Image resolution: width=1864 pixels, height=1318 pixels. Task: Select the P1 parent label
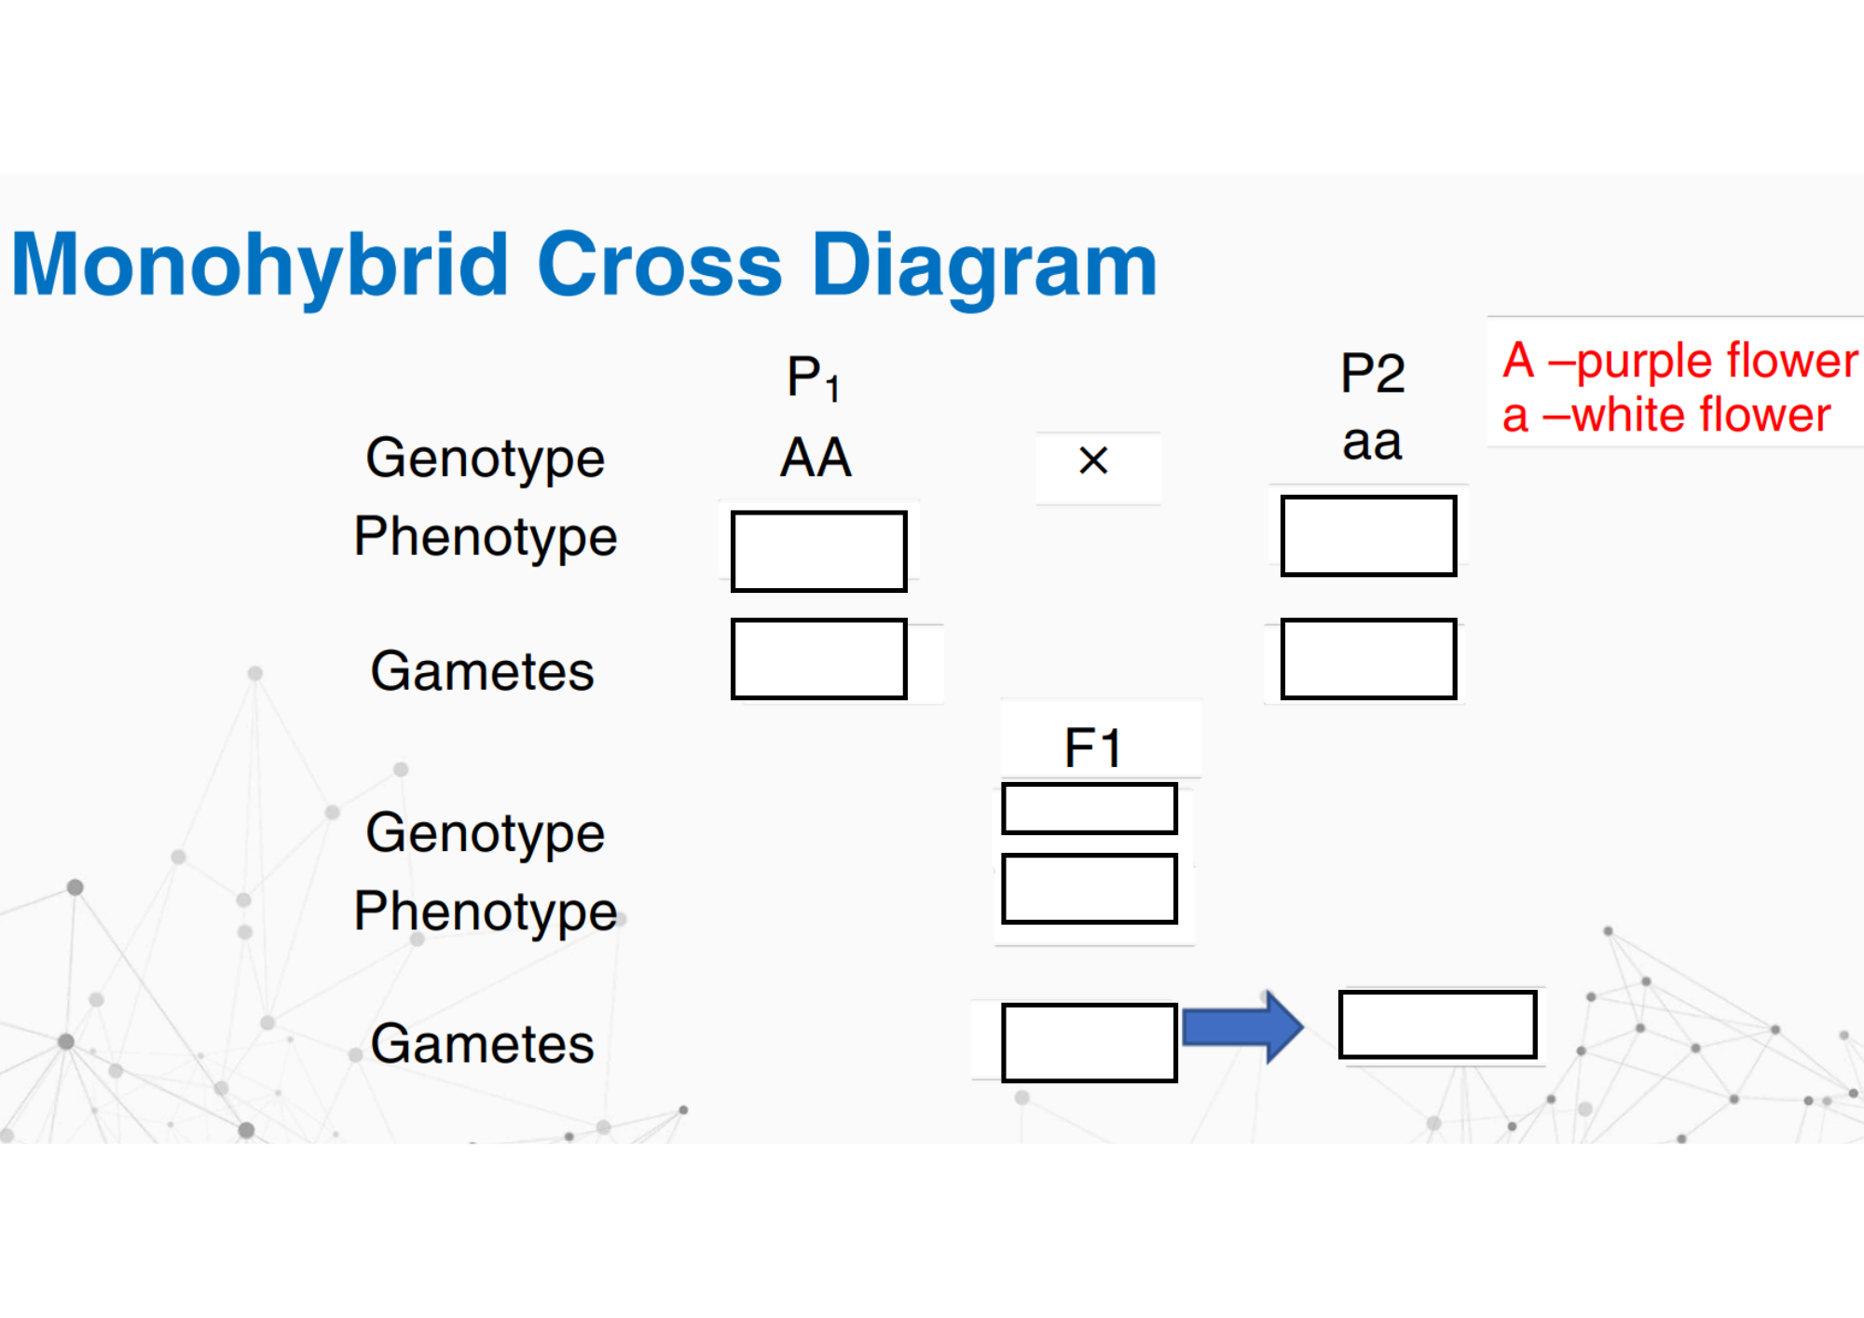814,378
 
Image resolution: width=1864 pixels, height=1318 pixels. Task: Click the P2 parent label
1372,373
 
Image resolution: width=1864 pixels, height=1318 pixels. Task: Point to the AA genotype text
815,458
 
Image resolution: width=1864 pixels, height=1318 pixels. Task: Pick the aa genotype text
1372,443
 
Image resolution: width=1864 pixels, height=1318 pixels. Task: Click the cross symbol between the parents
1093,460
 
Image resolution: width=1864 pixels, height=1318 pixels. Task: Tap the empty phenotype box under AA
818,551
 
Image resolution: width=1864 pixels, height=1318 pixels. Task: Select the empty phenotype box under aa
1368,536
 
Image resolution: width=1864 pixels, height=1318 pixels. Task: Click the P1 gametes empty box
818,659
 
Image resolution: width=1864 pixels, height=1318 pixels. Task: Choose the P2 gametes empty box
1368,659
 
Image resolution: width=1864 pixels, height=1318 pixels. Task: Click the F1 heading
1092,748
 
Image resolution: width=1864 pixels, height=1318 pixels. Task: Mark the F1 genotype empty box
1090,808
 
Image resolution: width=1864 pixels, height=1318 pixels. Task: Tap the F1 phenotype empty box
1090,888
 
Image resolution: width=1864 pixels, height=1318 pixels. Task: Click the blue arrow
1242,1027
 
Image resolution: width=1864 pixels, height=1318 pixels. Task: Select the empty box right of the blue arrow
1438,1025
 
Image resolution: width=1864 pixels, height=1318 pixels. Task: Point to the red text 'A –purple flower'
1680,362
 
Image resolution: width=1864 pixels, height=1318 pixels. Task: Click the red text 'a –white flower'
1666,415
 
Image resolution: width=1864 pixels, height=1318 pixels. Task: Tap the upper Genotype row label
485,460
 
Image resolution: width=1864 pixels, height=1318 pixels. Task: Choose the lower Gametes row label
482,1044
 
